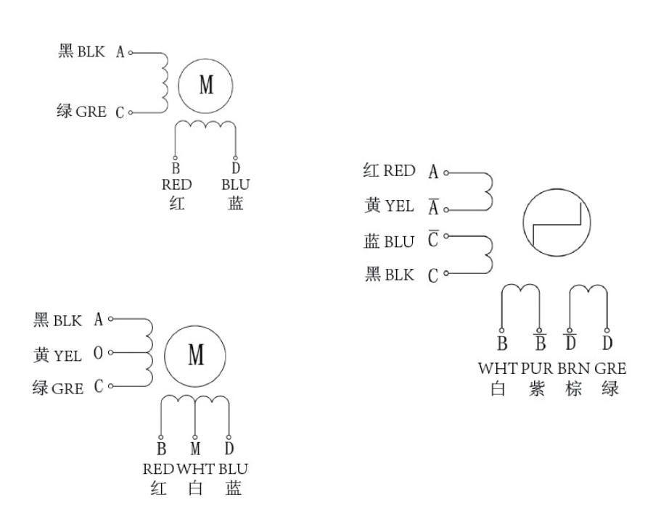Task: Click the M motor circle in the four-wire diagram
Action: (207, 86)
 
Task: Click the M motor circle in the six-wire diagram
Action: (195, 355)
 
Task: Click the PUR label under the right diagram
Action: (537, 368)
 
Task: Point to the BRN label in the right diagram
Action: (574, 368)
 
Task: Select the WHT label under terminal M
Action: (195, 468)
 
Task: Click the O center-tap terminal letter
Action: (98, 355)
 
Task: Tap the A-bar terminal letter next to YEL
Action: (433, 208)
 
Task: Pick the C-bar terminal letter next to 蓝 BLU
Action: (433, 241)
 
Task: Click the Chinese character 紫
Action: (536, 388)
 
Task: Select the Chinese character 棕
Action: (573, 388)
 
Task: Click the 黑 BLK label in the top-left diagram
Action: (81, 51)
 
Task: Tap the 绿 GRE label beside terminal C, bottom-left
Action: (58, 388)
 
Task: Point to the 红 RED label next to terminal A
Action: (389, 172)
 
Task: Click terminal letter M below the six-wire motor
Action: (195, 446)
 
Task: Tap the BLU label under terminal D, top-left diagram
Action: (235, 185)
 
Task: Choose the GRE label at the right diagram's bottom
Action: (610, 368)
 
